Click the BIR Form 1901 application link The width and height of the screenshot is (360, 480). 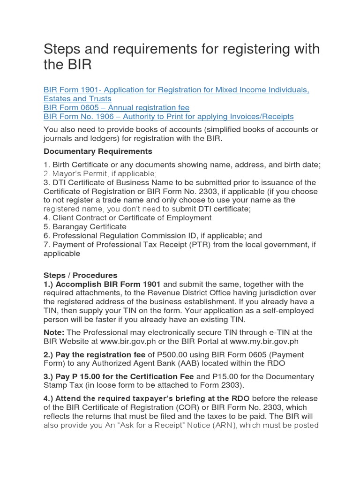tap(176, 90)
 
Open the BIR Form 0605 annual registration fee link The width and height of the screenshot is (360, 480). tap(121, 107)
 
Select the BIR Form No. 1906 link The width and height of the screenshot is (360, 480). tap(168, 116)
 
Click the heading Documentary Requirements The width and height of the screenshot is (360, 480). tap(97, 151)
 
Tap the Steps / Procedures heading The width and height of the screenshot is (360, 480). tap(80, 275)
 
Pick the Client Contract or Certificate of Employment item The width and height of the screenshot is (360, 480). tap(127, 218)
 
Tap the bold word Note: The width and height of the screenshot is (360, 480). tap(53, 332)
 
